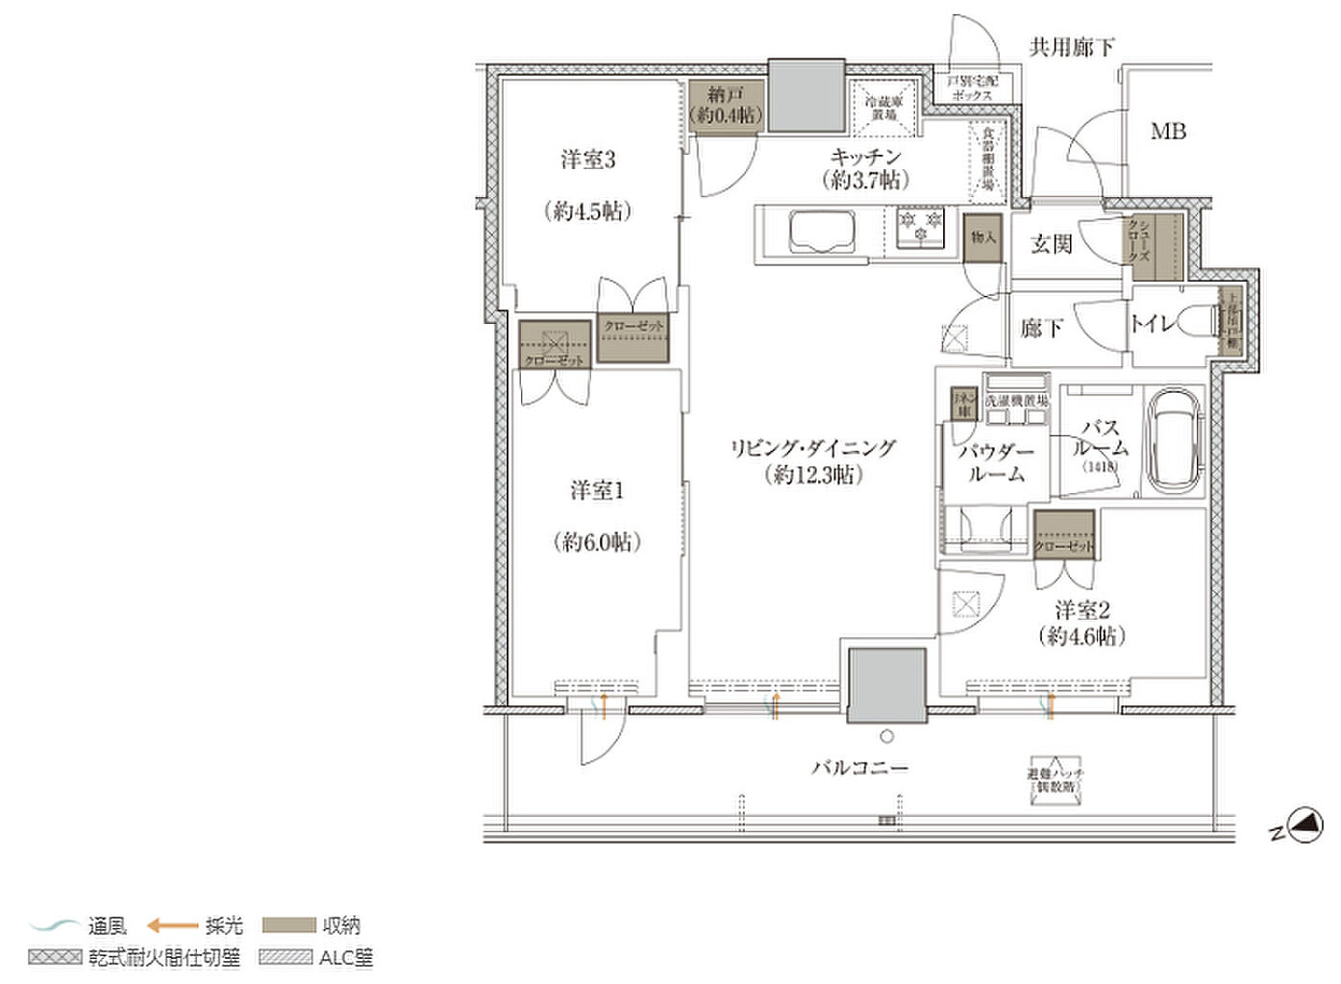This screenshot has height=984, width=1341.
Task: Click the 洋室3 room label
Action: click(588, 160)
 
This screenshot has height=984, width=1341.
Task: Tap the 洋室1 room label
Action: click(597, 491)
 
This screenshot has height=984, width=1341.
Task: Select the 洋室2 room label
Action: click(1082, 610)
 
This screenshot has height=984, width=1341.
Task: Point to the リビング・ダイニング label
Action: click(812, 448)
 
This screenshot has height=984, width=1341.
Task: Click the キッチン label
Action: click(866, 156)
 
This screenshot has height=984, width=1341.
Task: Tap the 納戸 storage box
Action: click(727, 107)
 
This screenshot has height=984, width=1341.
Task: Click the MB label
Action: click(1168, 132)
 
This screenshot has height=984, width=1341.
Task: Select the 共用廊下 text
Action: click(1072, 46)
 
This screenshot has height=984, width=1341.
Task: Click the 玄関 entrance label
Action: click(1051, 244)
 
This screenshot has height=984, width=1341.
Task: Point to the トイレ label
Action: click(1152, 324)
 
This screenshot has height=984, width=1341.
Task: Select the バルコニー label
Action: click(859, 768)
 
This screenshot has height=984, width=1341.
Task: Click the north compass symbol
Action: click(1304, 824)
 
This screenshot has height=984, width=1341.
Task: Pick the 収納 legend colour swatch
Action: click(288, 925)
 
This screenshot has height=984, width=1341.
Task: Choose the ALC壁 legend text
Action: click(346, 957)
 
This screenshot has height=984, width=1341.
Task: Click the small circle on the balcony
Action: click(886, 737)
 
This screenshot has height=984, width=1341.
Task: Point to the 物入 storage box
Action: click(982, 237)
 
